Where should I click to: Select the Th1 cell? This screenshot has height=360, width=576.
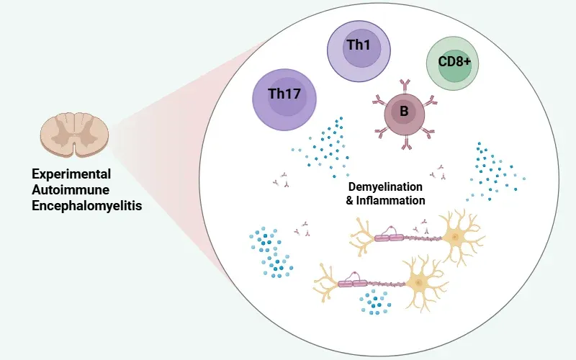coord(359,50)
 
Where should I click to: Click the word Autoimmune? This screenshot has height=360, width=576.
coord(63,189)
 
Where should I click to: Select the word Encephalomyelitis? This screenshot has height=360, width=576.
coord(87,205)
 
